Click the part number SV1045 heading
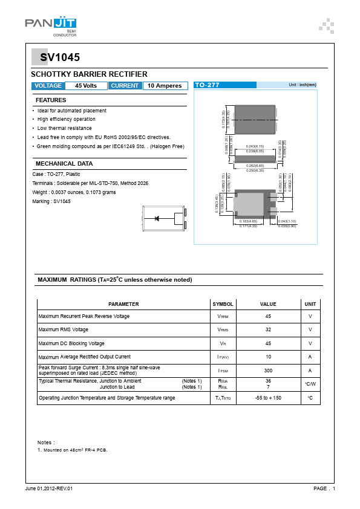tap(60, 58)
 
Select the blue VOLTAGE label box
tap(48, 86)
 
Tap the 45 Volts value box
tap(86, 86)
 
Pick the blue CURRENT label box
tap(125, 86)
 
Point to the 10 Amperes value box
tap(165, 86)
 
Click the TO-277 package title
tap(208, 86)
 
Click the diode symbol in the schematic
tap(157, 218)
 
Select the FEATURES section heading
tap(51, 100)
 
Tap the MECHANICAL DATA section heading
tap(64, 163)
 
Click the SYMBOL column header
tap(223, 304)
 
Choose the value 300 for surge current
tap(267, 370)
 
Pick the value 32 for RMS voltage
tap(267, 329)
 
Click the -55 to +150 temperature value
tap(267, 398)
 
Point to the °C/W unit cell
tap(310, 384)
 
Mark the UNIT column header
tap(310, 304)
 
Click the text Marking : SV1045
tap(51, 201)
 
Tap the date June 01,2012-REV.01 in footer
tap(49, 488)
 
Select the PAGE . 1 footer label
tap(324, 488)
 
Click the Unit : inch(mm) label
tap(303, 85)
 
